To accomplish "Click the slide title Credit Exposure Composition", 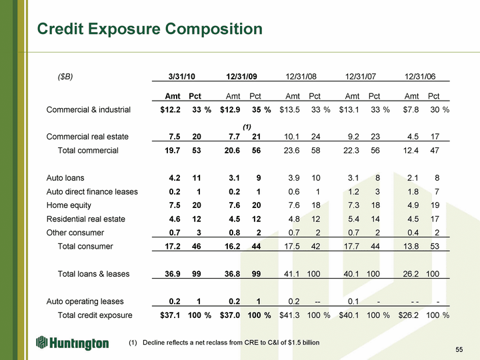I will [x=150, y=29].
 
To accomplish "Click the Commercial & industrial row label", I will [x=89, y=110].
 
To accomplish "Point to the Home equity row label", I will [x=69, y=205].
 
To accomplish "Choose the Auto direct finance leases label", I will [x=92, y=192].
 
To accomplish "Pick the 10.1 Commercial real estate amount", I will [x=291, y=137].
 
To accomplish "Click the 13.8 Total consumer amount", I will [x=408, y=247].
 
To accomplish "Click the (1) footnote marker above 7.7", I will [x=247, y=126].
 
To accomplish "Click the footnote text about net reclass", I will [x=224, y=343].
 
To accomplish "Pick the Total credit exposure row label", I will [x=95, y=315].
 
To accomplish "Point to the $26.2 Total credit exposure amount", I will [x=408, y=315].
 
